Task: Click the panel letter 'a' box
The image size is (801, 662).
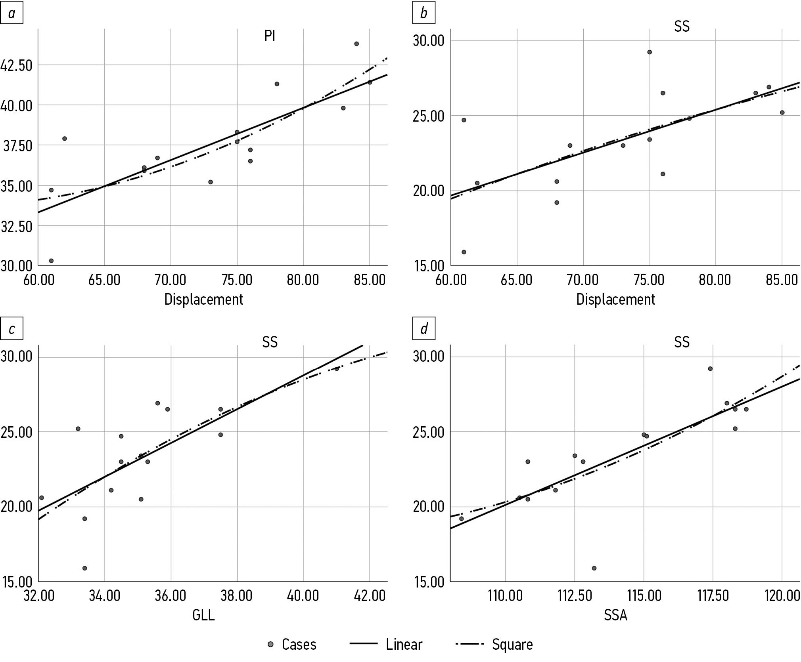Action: click(x=11, y=13)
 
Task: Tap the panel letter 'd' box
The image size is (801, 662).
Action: click(x=424, y=329)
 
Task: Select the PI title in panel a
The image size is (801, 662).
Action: click(x=270, y=36)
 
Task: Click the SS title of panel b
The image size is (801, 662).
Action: click(x=682, y=26)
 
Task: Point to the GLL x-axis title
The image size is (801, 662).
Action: click(x=203, y=615)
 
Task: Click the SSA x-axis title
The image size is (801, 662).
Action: click(x=615, y=615)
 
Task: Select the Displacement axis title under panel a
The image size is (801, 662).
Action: click(x=203, y=300)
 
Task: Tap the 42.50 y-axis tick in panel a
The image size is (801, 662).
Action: click(x=16, y=65)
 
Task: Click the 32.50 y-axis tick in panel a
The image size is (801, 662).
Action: click(x=16, y=226)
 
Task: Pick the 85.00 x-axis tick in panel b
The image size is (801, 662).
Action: click(x=782, y=280)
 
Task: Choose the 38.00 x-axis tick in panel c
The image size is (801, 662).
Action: click(x=237, y=596)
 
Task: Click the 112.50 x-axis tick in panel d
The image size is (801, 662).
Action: click(x=574, y=596)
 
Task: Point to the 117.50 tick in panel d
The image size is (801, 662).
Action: click(x=713, y=596)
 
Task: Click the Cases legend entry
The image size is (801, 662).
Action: click(x=293, y=645)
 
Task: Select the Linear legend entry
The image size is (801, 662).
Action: click(x=386, y=645)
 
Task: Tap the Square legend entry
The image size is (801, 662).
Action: click(x=494, y=645)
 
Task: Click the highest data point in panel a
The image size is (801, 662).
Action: click(x=356, y=44)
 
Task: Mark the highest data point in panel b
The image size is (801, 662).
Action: click(x=650, y=52)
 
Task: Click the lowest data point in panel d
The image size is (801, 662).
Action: click(x=594, y=568)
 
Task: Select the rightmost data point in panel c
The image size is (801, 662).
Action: click(x=337, y=369)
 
